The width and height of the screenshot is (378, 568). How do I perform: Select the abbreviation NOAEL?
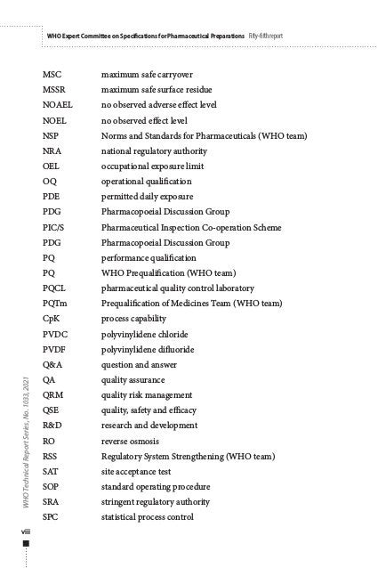58,105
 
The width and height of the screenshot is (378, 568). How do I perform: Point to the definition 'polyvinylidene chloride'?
148,334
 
